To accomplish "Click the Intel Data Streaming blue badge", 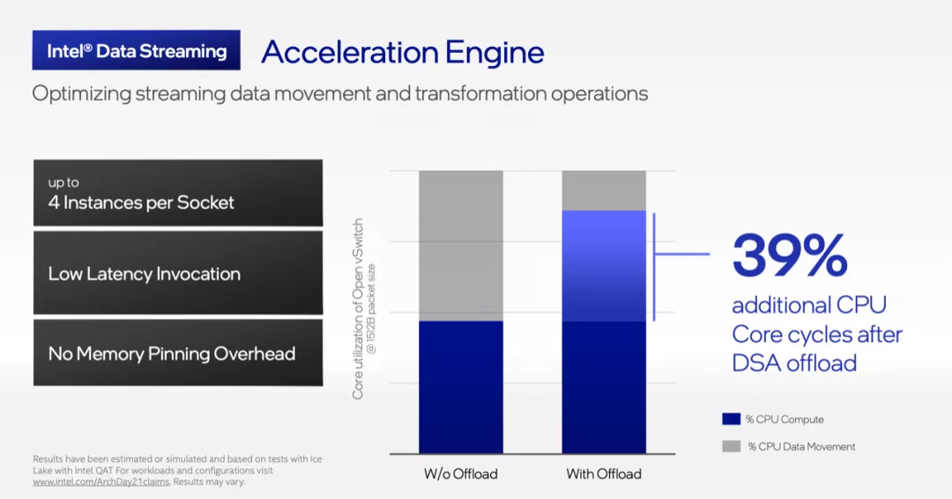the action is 136,49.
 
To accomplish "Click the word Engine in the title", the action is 495,53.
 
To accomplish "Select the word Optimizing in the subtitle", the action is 81,94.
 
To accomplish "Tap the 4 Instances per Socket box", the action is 178,193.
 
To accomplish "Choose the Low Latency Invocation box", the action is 178,273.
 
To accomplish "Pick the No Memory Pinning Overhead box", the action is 178,353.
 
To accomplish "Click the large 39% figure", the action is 789,255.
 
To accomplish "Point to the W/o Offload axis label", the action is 461,474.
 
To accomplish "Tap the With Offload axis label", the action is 604,474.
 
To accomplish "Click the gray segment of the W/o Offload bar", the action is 461,246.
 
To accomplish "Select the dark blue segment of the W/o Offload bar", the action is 461,387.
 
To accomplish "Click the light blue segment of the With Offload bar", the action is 604,266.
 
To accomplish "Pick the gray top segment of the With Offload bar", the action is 604,190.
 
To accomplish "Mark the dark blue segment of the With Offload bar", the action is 604,387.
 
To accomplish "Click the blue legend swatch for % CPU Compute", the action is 731,419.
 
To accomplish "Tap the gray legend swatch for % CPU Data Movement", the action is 731,446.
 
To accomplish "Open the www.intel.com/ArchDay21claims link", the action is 100,482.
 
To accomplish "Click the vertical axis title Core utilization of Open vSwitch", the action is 358,309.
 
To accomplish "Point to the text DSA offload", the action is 794,363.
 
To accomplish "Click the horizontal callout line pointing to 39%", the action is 681,254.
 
